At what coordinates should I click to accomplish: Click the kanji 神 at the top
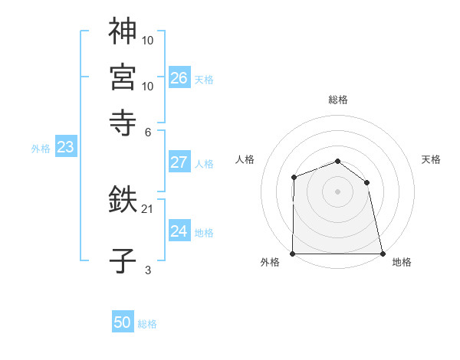coord(123,31)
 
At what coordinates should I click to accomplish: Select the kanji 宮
coord(123,76)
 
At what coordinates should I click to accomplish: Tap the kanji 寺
coord(123,121)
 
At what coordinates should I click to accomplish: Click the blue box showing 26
coord(179,78)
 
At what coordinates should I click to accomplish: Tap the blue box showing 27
coord(179,162)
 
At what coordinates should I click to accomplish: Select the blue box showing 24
coord(179,232)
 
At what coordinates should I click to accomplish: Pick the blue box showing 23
coord(65,148)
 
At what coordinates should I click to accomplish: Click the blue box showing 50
coord(123,323)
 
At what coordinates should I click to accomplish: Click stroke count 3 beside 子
coord(148,270)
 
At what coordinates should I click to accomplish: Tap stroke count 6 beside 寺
coord(148,131)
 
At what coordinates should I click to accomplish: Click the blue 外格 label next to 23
coord(41,149)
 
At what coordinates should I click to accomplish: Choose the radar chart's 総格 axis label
coord(337,100)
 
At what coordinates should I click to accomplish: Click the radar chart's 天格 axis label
coord(431,159)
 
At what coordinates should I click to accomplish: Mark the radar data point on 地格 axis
coord(382,254)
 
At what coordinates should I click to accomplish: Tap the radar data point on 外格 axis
coord(293,254)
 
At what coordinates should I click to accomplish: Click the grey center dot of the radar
coord(337,191)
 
